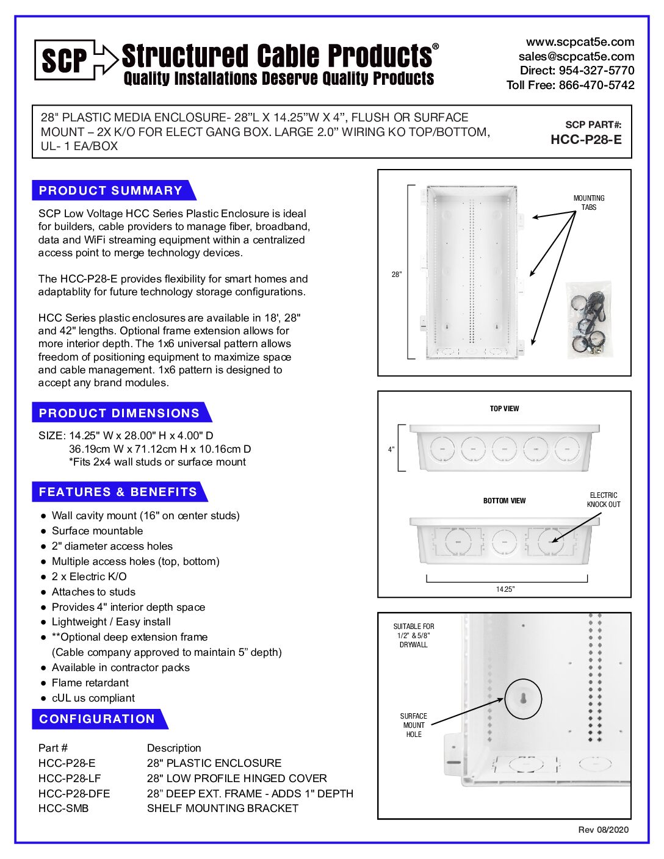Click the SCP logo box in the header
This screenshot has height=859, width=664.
point(65,60)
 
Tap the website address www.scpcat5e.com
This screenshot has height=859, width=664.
point(580,42)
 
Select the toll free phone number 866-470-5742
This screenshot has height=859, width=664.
point(596,85)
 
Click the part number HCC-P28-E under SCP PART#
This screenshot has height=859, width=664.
point(586,140)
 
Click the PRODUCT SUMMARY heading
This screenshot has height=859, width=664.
point(110,190)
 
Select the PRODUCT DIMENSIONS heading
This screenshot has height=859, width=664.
point(119,413)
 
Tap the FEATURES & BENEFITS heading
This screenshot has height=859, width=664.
point(118,492)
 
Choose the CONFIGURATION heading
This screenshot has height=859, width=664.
point(97,719)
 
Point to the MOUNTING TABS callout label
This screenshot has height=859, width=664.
point(588,203)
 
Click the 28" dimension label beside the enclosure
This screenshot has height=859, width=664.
point(397,275)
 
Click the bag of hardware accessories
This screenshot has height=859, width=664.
point(589,320)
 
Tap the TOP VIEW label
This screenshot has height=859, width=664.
point(504,409)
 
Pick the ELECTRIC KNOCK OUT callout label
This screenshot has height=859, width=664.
point(603,500)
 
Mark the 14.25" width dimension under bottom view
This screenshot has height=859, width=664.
point(505,589)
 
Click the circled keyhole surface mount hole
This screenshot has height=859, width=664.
point(523,699)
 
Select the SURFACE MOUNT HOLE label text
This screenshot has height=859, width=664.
point(414,725)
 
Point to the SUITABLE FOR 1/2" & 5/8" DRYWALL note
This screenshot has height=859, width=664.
point(414,636)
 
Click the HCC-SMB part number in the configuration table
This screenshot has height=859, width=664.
point(63,808)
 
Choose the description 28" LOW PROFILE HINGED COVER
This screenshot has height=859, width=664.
point(237,778)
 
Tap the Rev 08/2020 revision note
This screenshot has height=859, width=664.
point(603,830)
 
